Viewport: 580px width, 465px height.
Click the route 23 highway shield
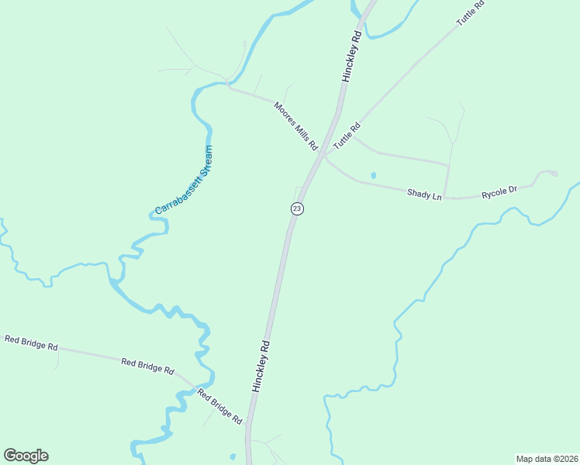(x=297, y=208)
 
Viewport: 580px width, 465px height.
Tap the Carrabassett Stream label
(x=184, y=180)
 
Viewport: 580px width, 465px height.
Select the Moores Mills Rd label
(x=296, y=125)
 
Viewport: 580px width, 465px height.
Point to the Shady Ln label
(x=424, y=194)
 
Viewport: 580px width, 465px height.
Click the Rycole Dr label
(x=499, y=191)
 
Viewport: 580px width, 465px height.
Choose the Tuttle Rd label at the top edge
(x=470, y=14)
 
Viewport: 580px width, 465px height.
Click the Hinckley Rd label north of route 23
(x=352, y=56)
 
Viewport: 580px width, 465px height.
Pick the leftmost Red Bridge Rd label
(x=31, y=343)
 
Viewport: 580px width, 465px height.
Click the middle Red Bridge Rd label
(x=147, y=366)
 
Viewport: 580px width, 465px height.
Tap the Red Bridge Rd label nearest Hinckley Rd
(x=219, y=407)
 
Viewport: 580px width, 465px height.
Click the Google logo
(x=26, y=456)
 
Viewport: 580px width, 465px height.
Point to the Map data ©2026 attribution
(x=547, y=458)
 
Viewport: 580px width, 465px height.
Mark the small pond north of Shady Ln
(x=373, y=175)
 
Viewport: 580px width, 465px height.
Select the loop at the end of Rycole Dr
(x=549, y=174)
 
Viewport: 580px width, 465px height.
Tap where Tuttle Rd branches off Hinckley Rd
(x=326, y=153)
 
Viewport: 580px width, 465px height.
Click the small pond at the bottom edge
(x=233, y=456)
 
